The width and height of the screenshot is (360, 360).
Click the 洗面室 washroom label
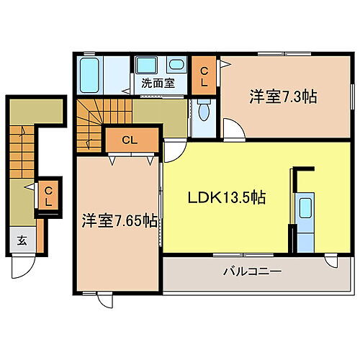pos(158,83)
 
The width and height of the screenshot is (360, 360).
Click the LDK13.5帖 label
pos(226,197)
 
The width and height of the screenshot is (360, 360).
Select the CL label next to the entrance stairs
pos(48,196)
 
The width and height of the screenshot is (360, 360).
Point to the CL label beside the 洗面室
pos(204,76)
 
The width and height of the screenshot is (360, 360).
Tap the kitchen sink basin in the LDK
pos(305,210)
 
